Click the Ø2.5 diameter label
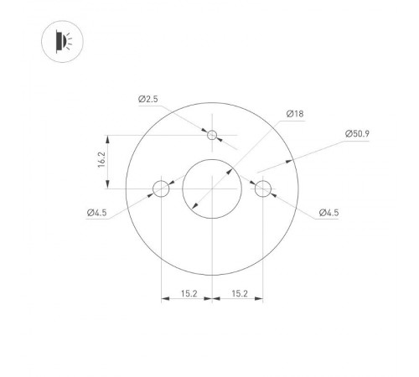[147, 99]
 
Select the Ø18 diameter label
[293, 112]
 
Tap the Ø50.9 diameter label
[358, 134]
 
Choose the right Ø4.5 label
[328, 213]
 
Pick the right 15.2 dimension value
[238, 293]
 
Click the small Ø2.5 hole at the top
[212, 135]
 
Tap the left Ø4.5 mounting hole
[161, 188]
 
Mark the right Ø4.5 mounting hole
[263, 188]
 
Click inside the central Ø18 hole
[212, 188]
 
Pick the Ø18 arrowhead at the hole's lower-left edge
[194, 206]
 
